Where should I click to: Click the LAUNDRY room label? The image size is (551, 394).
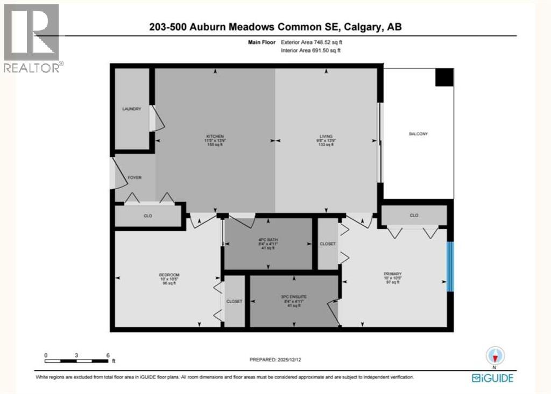coord(132,109)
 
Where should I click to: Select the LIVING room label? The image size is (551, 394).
coord(326,137)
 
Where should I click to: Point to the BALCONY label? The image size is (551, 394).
coord(418,134)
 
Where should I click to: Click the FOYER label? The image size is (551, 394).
coord(135,177)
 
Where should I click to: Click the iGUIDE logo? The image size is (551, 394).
coord(492,378)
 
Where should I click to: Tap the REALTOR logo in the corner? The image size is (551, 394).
coord(32,38)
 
